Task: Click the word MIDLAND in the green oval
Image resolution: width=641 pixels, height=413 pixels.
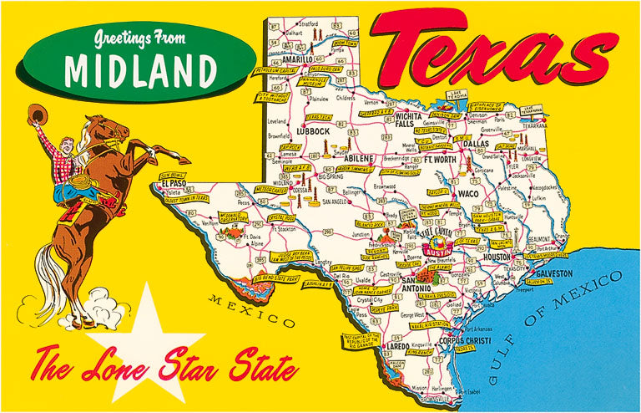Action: click(x=137, y=69)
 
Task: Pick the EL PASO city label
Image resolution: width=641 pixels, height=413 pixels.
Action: click(x=174, y=182)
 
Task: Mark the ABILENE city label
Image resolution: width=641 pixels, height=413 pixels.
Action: click(x=361, y=157)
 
